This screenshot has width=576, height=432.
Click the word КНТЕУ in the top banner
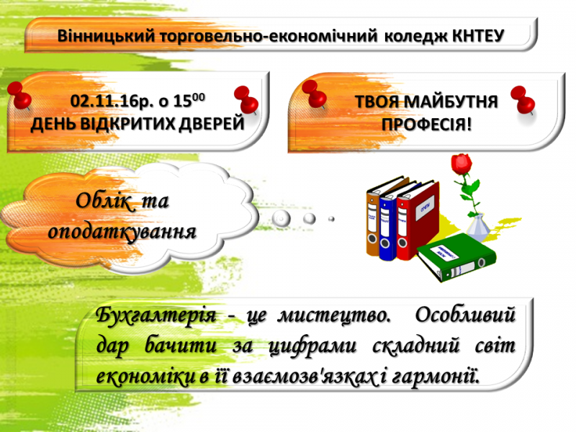(x=478, y=36)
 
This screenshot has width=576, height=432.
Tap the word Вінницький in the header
(x=107, y=36)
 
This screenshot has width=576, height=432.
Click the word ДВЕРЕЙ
(x=211, y=123)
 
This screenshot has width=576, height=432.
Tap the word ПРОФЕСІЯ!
(x=426, y=125)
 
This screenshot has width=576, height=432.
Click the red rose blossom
(x=461, y=163)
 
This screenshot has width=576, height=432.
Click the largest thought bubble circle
(x=281, y=219)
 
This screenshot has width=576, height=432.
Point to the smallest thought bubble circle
(x=331, y=219)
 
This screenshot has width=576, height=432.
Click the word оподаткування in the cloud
(x=122, y=232)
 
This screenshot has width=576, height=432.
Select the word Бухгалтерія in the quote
(x=156, y=315)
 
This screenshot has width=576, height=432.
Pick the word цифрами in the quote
(x=312, y=346)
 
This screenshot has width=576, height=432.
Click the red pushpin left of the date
(x=19, y=96)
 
